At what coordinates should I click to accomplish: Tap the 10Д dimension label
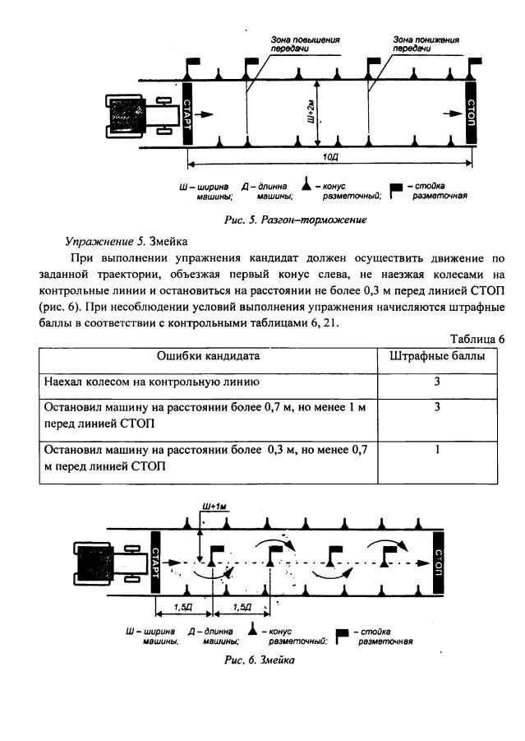329,155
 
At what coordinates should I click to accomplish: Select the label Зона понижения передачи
425,44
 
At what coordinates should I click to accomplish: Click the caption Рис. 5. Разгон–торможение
294,220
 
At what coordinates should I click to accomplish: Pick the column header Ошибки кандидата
209,356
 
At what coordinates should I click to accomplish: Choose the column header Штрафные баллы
436,356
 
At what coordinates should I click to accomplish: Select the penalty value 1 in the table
437,450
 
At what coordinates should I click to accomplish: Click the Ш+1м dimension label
214,507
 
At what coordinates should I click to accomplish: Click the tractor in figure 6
107,565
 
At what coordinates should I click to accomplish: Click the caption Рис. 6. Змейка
261,660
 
